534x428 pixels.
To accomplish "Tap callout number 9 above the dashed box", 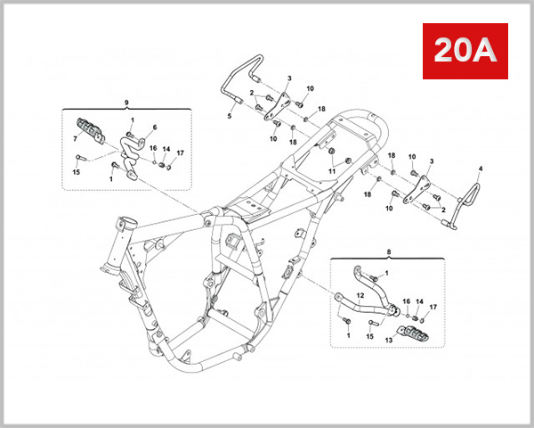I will [126, 103].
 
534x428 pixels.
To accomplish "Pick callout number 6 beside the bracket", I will [153, 128].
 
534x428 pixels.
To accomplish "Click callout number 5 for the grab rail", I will [229, 116].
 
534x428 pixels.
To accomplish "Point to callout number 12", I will [360, 293].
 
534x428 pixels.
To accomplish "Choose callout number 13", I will [388, 340].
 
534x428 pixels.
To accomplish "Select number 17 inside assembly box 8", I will [433, 308].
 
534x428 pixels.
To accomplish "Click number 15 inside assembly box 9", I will [77, 172].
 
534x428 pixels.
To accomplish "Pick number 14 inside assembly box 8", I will [419, 302].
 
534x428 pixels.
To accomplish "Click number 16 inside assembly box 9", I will [152, 149].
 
